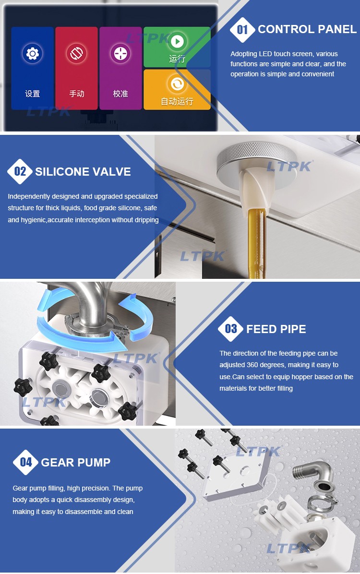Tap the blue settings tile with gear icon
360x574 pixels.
(32, 68)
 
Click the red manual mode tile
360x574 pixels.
(76, 68)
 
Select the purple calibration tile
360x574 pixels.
(120, 68)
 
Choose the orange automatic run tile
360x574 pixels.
(177, 90)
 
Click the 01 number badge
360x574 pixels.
(242, 30)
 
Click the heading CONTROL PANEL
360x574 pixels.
(307, 29)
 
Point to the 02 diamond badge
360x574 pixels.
(20, 171)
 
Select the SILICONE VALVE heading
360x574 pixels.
(83, 172)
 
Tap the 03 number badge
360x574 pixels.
(231, 329)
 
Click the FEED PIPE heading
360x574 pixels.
(276, 329)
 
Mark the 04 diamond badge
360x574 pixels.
(25, 462)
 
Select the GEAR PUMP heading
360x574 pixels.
(75, 462)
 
